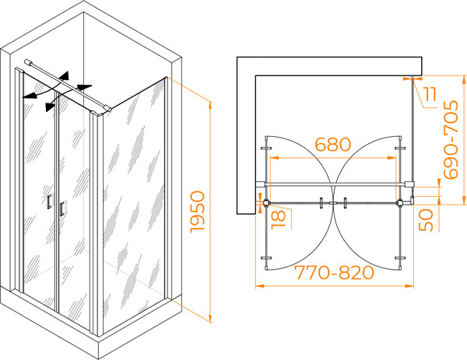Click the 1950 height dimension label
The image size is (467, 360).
(x=198, y=211)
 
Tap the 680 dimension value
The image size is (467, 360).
(x=333, y=145)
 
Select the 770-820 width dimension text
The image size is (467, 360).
(x=334, y=273)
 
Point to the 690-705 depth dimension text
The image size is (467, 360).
(x=451, y=140)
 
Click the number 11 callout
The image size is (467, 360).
(x=430, y=95)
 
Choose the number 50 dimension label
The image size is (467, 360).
(x=427, y=220)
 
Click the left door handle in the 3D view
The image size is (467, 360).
(x=49, y=201)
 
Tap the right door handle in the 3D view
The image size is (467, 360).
(x=61, y=208)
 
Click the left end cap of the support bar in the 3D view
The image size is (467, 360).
(x=26, y=62)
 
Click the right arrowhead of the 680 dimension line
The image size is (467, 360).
(x=392, y=157)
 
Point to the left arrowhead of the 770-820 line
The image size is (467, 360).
(x=260, y=286)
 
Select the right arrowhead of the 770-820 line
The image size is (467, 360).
(x=409, y=286)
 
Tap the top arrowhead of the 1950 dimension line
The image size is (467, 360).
(x=210, y=106)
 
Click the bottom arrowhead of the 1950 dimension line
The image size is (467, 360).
(x=210, y=318)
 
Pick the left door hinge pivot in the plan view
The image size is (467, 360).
(x=266, y=203)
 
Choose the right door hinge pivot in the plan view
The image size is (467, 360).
(x=399, y=203)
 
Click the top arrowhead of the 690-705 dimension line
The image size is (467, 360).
(x=463, y=80)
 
